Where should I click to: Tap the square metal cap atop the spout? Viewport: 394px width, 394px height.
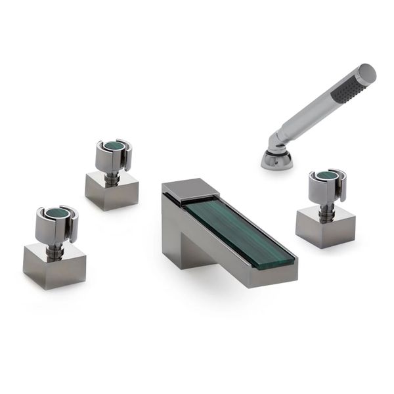pyautogui.click(x=190, y=188)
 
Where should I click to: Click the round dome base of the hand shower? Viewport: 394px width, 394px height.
pyautogui.click(x=277, y=160)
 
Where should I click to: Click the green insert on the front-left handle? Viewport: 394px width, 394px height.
pyautogui.click(x=56, y=214)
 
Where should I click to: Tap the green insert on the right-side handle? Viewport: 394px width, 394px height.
pyautogui.click(x=327, y=176)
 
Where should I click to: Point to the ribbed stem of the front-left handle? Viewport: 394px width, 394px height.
pyautogui.click(x=56, y=246)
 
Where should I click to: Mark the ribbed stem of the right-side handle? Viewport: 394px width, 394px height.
pyautogui.click(x=326, y=207)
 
